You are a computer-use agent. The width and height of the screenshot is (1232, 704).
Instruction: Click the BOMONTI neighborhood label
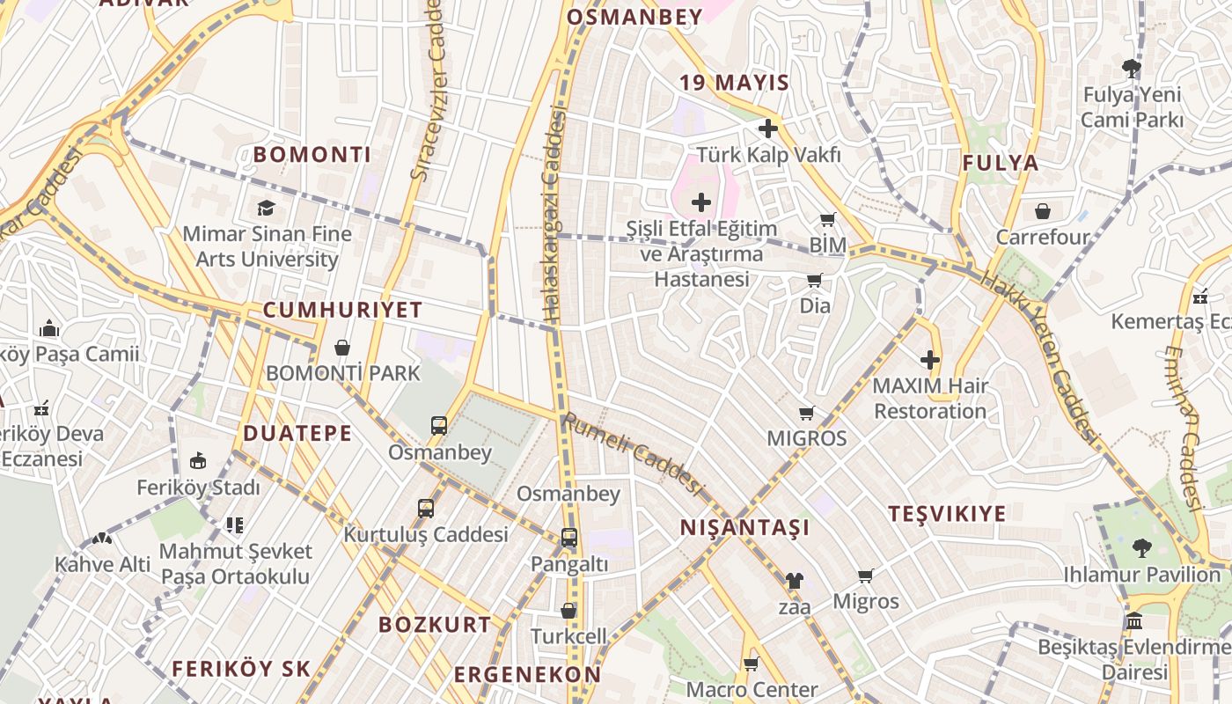coord(312,155)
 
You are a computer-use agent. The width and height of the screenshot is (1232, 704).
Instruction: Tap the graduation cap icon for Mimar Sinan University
coord(266,208)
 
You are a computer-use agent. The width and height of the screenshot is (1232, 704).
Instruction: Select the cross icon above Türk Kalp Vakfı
coord(768,128)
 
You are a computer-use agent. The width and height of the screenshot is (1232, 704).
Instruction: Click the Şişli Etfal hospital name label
coord(701,254)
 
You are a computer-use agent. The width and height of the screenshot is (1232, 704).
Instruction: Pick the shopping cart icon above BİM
coord(827,219)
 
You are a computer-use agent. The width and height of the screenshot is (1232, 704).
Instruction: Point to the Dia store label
coord(815,306)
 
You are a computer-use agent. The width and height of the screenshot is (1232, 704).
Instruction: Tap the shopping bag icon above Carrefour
coord(1043,211)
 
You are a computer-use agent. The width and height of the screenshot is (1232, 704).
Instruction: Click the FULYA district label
coord(1001,163)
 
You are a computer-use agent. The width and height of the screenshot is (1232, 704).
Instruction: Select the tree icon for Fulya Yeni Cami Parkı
coord(1132,68)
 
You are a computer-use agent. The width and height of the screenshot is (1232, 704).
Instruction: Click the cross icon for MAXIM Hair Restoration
coord(930,360)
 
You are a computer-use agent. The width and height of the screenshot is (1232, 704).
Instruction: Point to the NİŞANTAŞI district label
coord(744,528)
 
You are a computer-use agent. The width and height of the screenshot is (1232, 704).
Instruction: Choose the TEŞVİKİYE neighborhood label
coord(947,514)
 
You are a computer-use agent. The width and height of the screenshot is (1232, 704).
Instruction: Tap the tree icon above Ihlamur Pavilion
coord(1141,548)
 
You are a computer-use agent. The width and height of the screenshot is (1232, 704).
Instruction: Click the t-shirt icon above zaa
coord(794,580)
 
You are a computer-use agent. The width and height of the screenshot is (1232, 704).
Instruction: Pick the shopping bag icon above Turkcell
coord(568,610)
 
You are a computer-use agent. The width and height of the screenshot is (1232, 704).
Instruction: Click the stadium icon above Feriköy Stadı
coord(198,460)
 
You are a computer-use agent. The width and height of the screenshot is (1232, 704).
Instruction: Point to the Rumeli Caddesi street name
coord(634,454)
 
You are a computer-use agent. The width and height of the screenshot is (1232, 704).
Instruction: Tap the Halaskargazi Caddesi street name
coord(553,216)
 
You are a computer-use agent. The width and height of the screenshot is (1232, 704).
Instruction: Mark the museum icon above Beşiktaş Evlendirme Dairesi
coord(1134,620)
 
